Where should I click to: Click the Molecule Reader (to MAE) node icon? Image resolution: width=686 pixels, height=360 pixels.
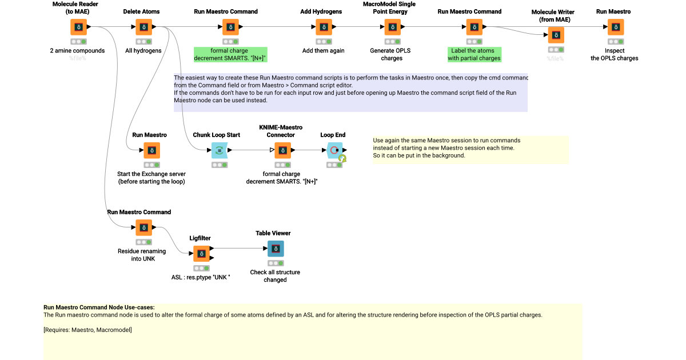78,27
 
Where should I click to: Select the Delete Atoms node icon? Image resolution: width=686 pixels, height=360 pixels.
143,27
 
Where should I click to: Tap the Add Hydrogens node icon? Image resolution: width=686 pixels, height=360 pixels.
324,27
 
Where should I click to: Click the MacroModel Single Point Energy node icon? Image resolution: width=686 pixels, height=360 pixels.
392,27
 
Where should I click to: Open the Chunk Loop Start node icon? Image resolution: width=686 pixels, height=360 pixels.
220,150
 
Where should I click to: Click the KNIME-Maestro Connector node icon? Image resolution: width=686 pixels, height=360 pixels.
282,150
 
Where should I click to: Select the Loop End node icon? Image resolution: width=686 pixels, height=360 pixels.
334,150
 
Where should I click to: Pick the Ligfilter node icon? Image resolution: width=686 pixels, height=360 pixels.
201,253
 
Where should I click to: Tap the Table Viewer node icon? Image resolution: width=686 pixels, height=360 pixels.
276,249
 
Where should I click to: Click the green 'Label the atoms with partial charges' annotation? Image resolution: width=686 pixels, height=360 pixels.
474,54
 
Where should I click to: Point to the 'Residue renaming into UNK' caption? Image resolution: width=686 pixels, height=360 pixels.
142,255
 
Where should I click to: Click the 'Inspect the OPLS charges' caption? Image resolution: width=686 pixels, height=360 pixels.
615,54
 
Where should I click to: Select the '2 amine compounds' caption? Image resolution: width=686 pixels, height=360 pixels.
77,50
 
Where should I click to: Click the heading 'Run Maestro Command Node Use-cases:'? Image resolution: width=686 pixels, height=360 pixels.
99,307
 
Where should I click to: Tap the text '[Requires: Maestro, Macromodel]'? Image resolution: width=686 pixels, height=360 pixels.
87,330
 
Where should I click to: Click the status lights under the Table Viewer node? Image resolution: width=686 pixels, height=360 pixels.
276,263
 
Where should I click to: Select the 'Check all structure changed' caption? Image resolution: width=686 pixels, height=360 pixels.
275,276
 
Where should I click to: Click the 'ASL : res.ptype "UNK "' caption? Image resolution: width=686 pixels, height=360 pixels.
201,277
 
